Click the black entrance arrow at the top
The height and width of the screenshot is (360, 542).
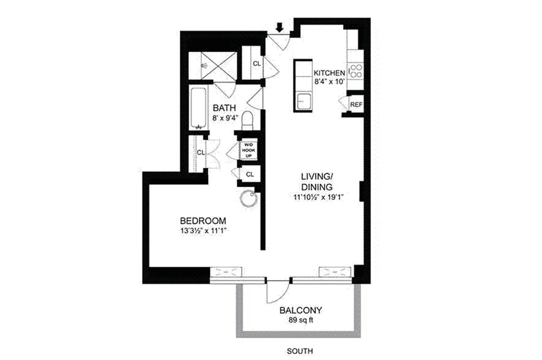[279, 28]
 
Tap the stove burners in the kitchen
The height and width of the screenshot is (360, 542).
[356, 71]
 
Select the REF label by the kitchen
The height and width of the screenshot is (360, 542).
[356, 104]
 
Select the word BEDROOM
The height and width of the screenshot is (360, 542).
[202, 221]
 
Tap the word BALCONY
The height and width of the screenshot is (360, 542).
[301, 310]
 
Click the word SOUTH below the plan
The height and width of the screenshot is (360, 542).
[300, 351]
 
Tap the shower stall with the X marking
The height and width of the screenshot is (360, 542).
[211, 66]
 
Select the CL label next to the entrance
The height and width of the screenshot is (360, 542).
[256, 64]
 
